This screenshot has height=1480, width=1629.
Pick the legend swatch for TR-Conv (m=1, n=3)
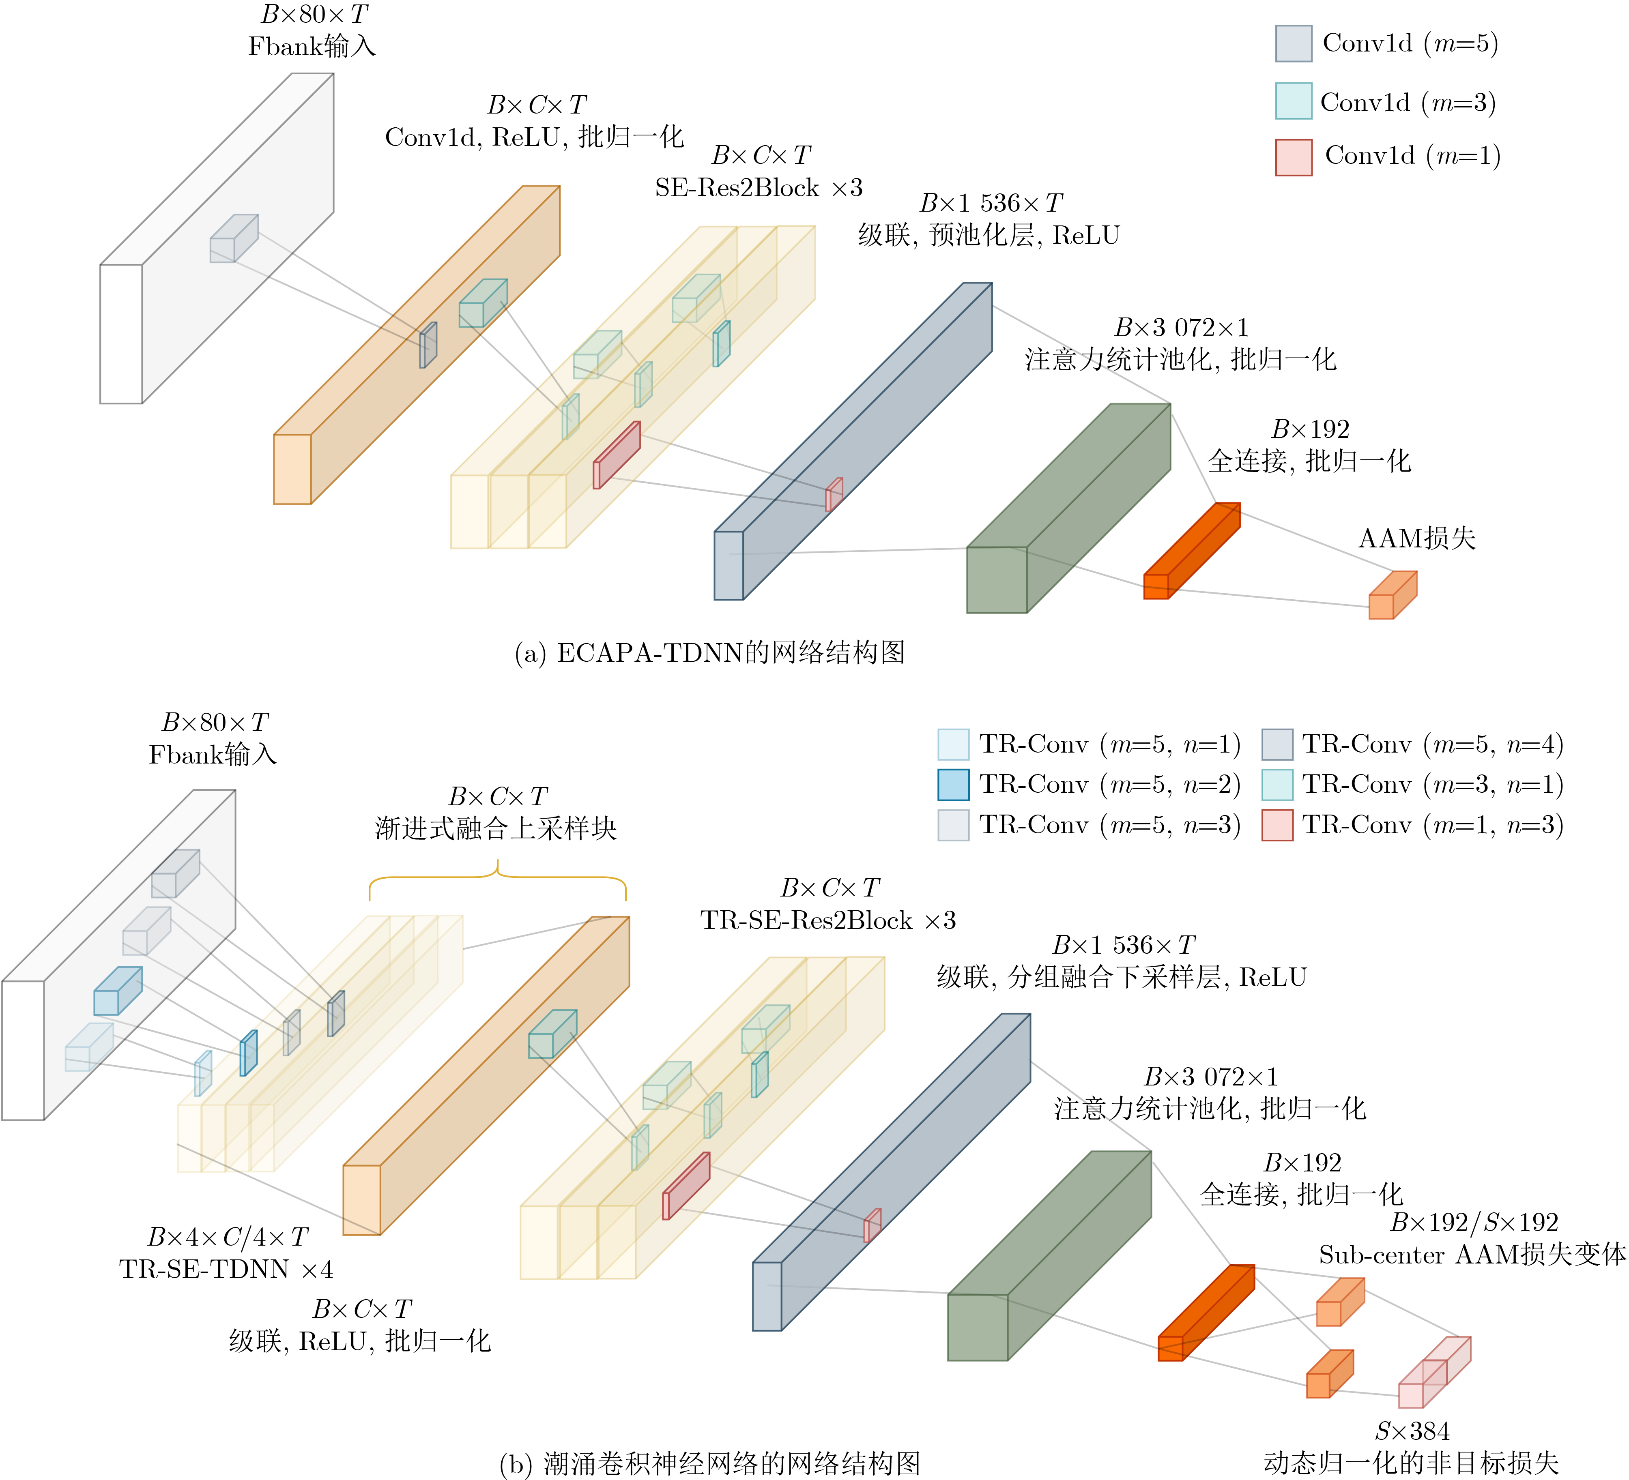[1277, 825]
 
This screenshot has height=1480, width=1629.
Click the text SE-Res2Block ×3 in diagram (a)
[759, 188]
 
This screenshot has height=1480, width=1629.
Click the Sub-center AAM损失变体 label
[1472, 1255]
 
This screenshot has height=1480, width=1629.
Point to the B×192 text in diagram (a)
[1310, 429]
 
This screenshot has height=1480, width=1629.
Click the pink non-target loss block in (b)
[1434, 1372]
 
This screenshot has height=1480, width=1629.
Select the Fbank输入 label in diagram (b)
[213, 755]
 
